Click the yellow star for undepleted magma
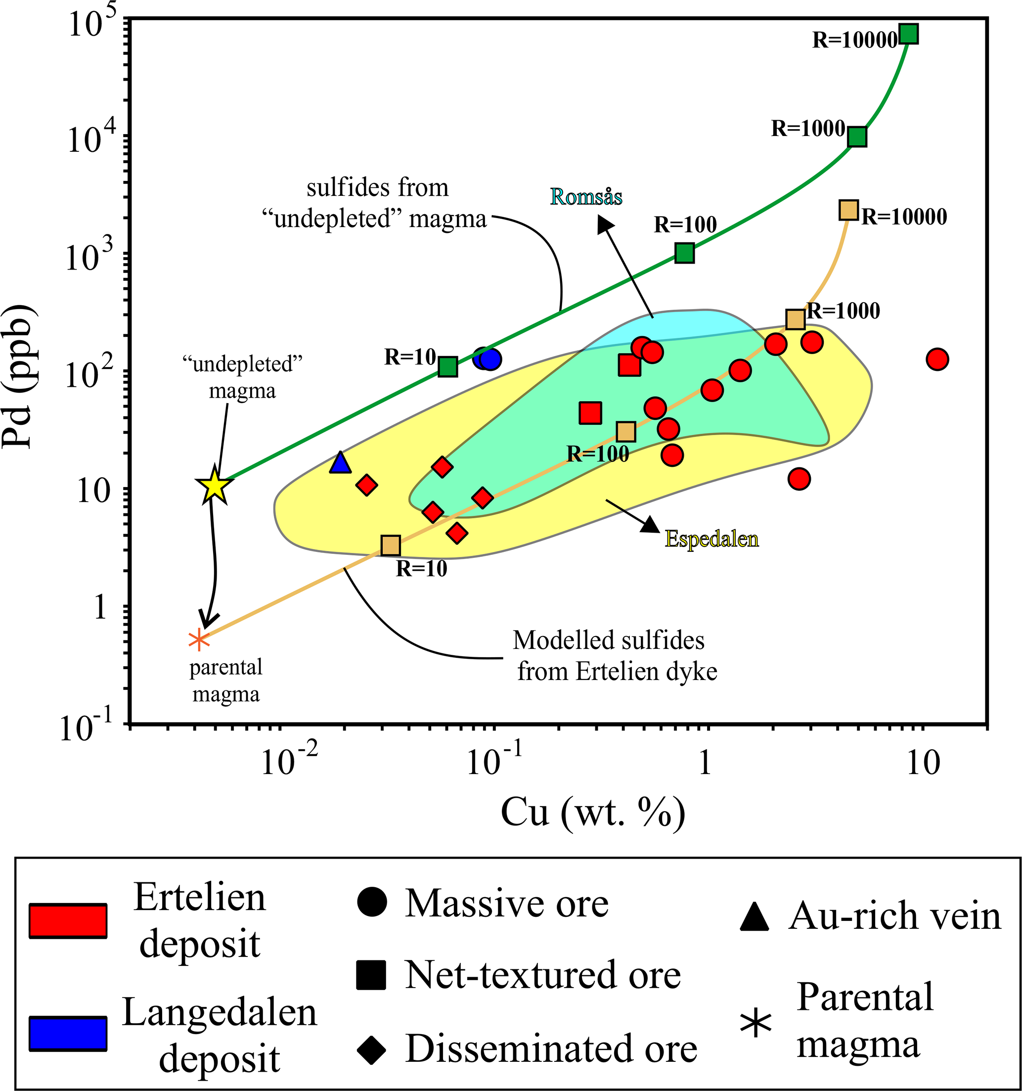pyautogui.click(x=214, y=485)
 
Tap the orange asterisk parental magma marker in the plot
pyautogui.click(x=199, y=640)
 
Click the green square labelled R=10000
pyautogui.click(x=909, y=34)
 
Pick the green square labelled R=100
pyautogui.click(x=685, y=253)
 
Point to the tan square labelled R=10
pyautogui.click(x=391, y=545)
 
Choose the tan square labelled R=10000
pyautogui.click(x=848, y=210)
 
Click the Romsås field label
pyautogui.click(x=586, y=196)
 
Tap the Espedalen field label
pyautogui.click(x=711, y=539)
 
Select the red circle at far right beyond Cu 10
pyautogui.click(x=937, y=360)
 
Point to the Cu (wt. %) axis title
pyautogui.click(x=593, y=813)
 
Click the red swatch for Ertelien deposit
pyautogui.click(x=68, y=920)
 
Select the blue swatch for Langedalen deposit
pyautogui.click(x=68, y=1033)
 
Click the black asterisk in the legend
pyautogui.click(x=756, y=1024)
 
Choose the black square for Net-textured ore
pyautogui.click(x=371, y=975)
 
